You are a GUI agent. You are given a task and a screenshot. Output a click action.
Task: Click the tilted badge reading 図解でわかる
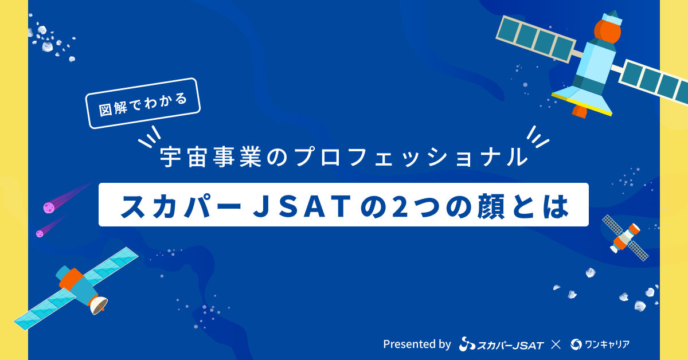point(143,103)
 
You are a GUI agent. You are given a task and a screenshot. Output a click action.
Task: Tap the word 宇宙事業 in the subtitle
point(211,157)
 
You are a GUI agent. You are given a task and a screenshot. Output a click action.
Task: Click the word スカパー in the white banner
point(181,205)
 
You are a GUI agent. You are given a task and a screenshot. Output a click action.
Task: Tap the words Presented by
point(417,344)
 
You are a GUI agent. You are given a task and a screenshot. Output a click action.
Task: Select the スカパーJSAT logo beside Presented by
point(501,344)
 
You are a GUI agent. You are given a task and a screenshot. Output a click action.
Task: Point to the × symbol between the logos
point(556,345)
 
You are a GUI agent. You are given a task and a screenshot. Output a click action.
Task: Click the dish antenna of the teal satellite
point(99,305)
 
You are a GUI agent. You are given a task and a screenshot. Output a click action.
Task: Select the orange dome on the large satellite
point(607,31)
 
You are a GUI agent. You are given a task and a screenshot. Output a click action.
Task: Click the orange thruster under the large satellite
point(580,111)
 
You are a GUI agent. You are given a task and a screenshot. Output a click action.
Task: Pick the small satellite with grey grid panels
point(626,238)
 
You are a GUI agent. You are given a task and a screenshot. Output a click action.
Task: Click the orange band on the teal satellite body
point(72,279)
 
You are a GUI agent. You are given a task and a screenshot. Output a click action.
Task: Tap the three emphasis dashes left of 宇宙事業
point(150,136)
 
